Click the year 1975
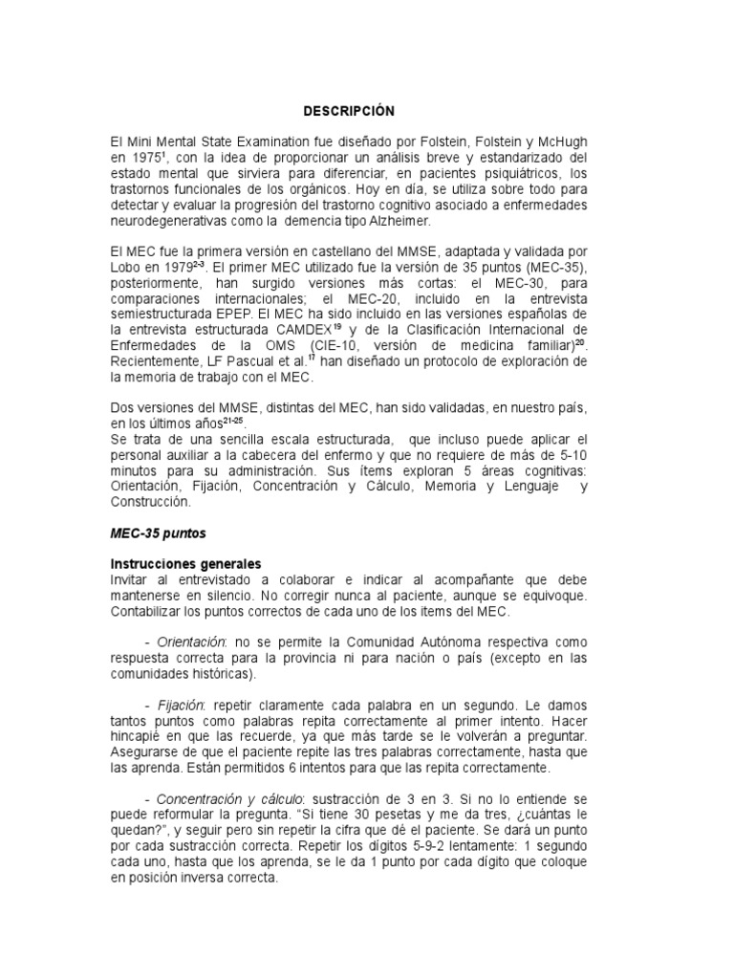pos(148,158)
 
